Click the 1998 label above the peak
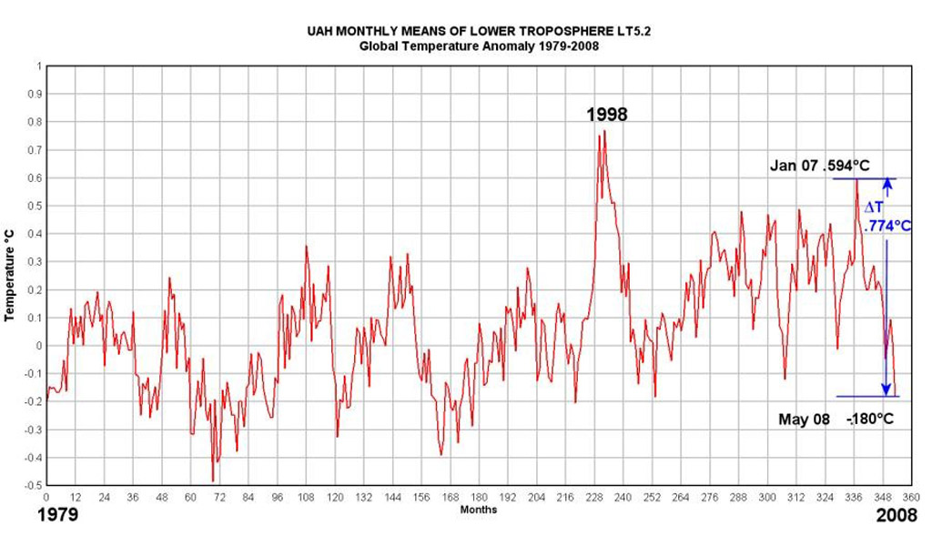pos(605,115)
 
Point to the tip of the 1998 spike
pos(604,132)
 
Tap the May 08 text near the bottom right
pos(804,420)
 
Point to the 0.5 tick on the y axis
pos(36,206)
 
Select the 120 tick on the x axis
pos(336,498)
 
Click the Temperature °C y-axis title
pos(9,277)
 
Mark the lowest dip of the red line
pos(213,480)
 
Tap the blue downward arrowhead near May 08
pos(886,389)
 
